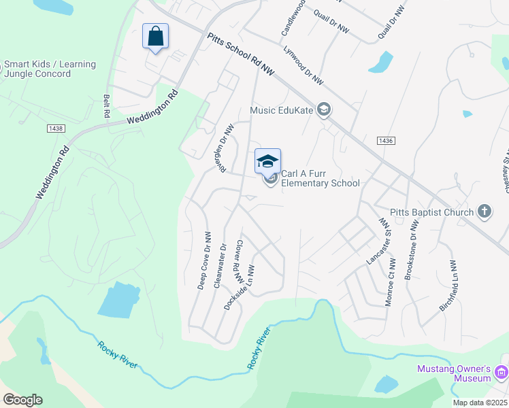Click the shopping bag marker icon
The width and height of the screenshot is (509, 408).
coord(156,35)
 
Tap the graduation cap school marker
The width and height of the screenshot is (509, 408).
coord(267,160)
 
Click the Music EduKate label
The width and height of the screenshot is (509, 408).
coord(282,109)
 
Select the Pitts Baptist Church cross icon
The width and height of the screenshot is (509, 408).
coord(484,212)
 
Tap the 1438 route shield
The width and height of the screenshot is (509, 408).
coord(56,128)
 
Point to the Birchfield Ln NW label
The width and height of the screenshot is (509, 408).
coord(447,286)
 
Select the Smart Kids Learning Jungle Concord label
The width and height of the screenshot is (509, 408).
coord(50,69)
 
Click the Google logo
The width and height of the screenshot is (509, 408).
coord(22,400)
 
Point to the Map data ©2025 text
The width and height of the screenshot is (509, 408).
coord(480,403)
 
